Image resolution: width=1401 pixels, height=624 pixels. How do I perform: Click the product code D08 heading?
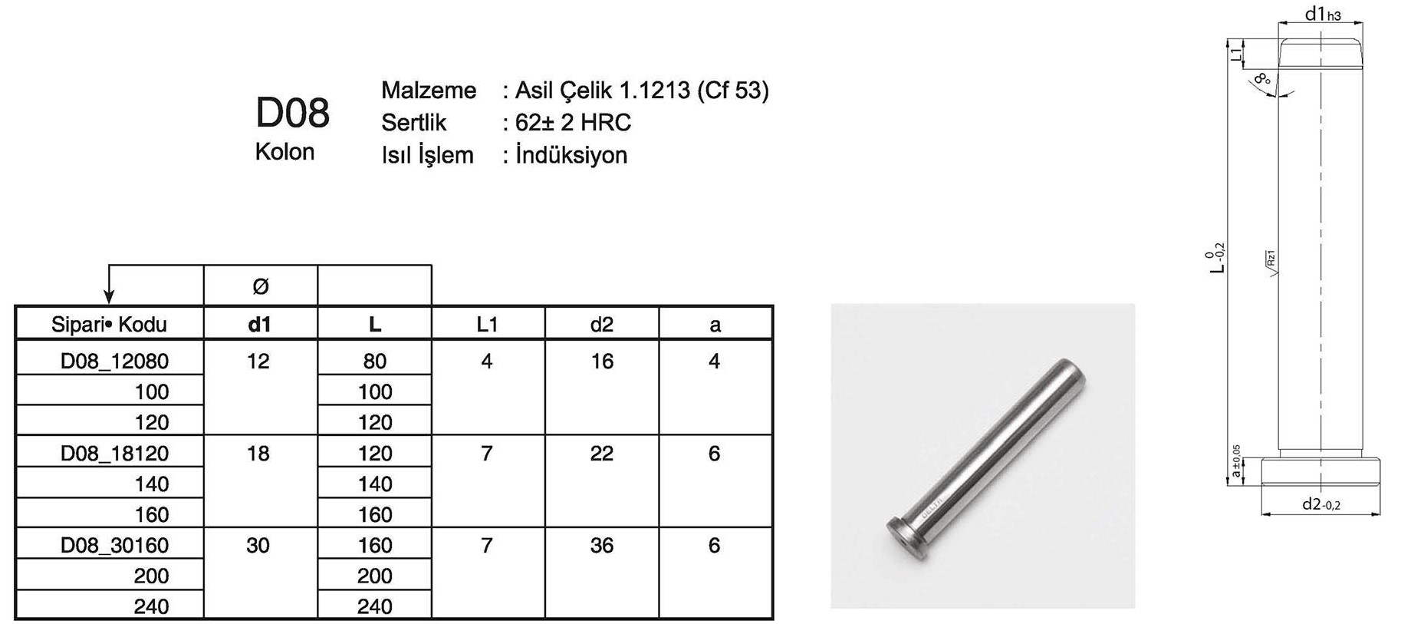click(x=292, y=113)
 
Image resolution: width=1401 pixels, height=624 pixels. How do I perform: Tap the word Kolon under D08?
click(x=284, y=152)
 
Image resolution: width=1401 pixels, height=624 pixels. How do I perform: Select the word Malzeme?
click(x=429, y=91)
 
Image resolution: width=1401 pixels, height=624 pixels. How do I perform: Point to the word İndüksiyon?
click(x=571, y=155)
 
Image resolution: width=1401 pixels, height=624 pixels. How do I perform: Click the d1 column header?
click(x=260, y=325)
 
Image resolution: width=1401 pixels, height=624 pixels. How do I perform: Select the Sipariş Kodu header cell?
click(x=109, y=325)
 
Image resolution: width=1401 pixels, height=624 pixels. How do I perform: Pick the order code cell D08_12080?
click(x=114, y=361)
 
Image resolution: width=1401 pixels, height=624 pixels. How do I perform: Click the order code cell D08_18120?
click(x=114, y=453)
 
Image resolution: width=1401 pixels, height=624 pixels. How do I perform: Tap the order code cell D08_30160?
click(x=114, y=545)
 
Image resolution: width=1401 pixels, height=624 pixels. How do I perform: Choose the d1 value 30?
click(x=258, y=545)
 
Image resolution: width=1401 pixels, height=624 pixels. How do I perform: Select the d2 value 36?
click(x=602, y=545)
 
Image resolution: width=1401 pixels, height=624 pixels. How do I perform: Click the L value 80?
click(x=374, y=361)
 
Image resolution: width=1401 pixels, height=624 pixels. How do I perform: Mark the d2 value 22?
click(x=602, y=453)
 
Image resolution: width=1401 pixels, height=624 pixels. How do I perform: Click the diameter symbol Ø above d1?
click(x=260, y=286)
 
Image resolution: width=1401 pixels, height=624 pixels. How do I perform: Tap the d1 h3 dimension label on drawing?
click(x=1323, y=14)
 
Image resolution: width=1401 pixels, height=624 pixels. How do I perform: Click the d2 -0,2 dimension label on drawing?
click(x=1321, y=504)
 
